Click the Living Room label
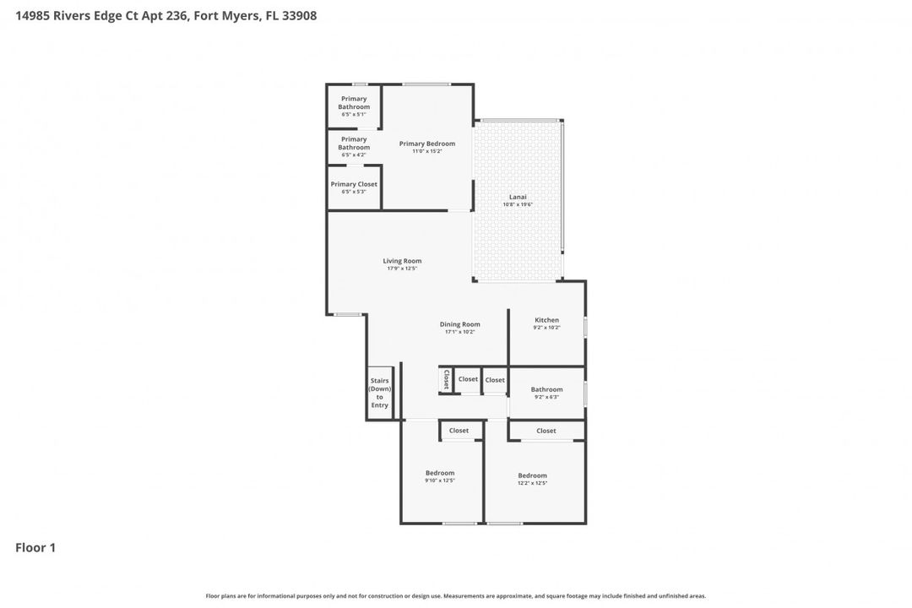(x=402, y=261)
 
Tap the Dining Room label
(x=459, y=324)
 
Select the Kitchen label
(x=546, y=320)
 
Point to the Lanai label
(x=518, y=197)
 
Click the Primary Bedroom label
(x=426, y=144)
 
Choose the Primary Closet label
(x=354, y=184)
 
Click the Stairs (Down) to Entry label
(x=379, y=394)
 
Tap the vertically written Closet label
(x=446, y=379)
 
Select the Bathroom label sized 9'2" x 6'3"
(x=546, y=389)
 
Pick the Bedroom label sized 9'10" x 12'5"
(x=440, y=473)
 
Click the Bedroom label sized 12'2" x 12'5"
(x=532, y=475)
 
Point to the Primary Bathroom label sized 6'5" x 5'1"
(x=354, y=103)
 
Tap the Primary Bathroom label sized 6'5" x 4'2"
(x=354, y=144)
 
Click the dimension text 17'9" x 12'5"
(x=402, y=269)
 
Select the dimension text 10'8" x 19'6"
(x=518, y=204)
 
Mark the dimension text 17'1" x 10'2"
(x=459, y=332)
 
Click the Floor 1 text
(x=35, y=548)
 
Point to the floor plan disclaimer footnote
(x=456, y=596)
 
